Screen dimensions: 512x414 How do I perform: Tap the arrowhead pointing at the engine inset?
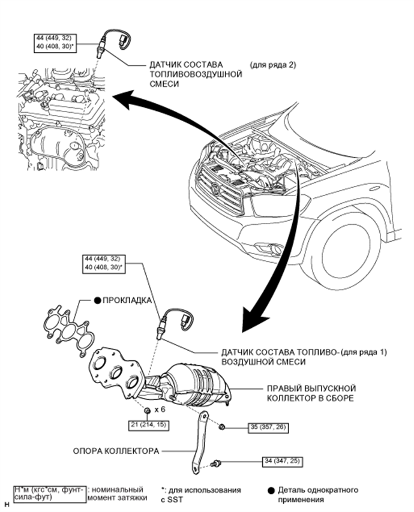point(121,101)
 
